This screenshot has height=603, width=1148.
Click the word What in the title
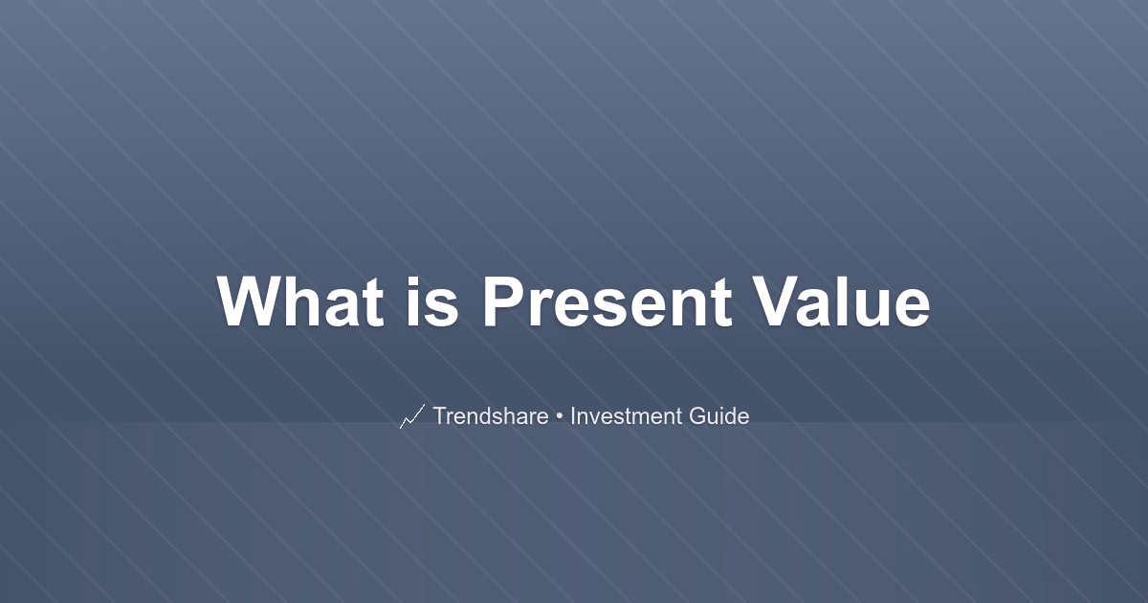(x=300, y=301)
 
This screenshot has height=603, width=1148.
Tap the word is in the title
(x=432, y=301)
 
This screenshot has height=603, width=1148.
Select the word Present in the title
(x=607, y=301)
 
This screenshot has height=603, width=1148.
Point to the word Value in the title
(x=842, y=301)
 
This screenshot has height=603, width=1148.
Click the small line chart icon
(x=412, y=416)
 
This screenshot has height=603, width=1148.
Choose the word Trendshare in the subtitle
(x=491, y=415)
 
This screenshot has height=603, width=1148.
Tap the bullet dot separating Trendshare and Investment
(x=559, y=416)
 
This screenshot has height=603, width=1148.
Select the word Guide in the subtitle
(x=719, y=415)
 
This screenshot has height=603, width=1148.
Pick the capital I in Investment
(x=573, y=415)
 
